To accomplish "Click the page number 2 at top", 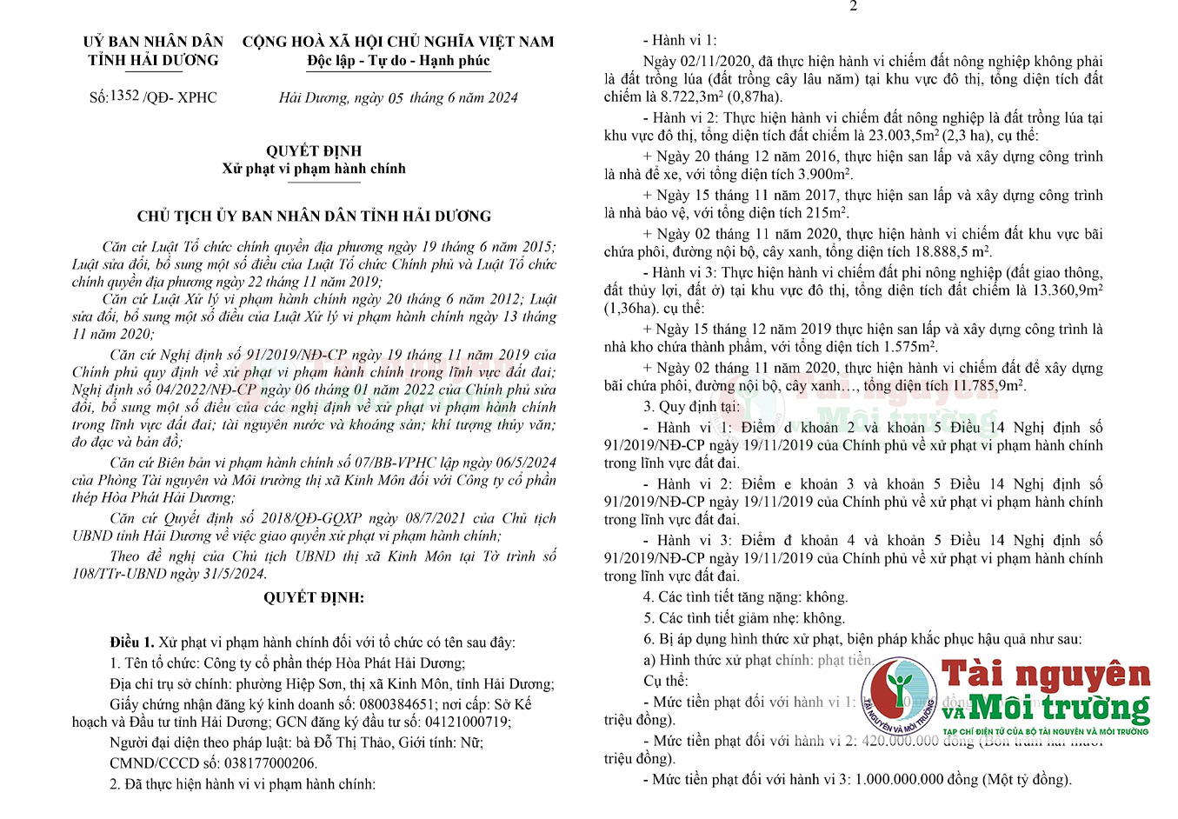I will tap(853, 6).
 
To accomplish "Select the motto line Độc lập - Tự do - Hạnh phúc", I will tap(398, 61).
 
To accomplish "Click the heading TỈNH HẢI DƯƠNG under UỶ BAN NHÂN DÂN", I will tap(153, 60).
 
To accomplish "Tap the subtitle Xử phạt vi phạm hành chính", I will tap(313, 169).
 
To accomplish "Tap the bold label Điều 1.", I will tap(132, 643).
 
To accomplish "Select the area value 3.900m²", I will tap(821, 175).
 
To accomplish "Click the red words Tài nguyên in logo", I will tap(1046, 674).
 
